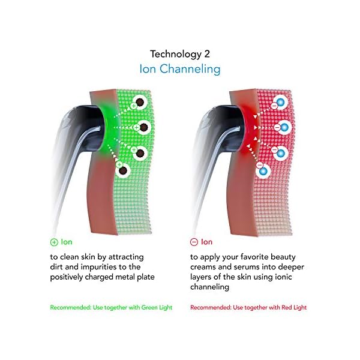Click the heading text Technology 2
[179, 53]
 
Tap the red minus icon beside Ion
[194, 242]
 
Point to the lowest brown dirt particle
[124, 171]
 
